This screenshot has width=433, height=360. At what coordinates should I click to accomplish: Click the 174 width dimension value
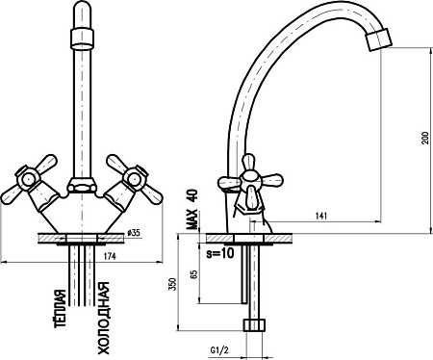point(110,256)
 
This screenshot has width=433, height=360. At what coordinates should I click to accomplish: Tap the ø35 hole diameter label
point(134,233)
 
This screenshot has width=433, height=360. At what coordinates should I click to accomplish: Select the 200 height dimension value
point(425,138)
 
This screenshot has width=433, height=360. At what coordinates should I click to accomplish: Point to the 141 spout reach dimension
point(321,216)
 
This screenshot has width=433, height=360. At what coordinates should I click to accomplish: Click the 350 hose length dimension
point(173,284)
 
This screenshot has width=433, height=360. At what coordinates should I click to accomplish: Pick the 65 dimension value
point(193,274)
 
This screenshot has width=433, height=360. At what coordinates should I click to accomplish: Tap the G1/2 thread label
point(219,349)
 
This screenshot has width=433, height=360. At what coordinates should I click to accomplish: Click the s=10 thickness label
point(220,253)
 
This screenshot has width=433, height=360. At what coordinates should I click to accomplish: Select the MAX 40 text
point(192,209)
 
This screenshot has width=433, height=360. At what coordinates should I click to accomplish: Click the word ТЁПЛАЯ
point(61,308)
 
